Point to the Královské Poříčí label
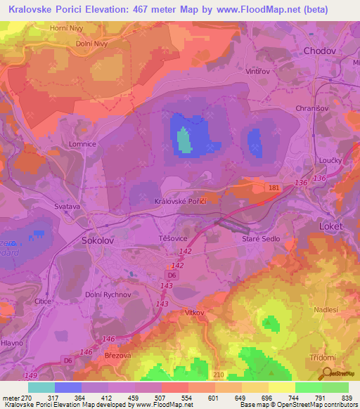point(179,201)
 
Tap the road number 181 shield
point(273,188)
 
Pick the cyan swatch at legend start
point(41,387)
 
